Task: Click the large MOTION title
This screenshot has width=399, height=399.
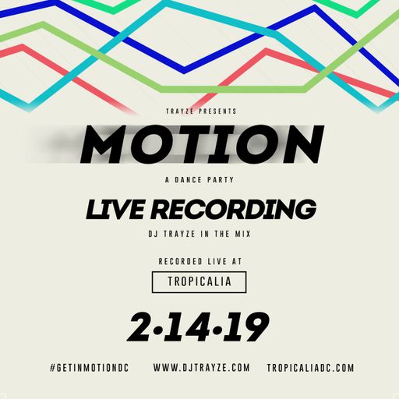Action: point(199,144)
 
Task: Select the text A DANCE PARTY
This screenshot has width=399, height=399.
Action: point(199,180)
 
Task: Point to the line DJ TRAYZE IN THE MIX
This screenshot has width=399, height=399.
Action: point(199,234)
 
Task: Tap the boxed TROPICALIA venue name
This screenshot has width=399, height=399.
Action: point(199,281)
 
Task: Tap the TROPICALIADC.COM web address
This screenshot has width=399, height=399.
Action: point(310,367)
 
